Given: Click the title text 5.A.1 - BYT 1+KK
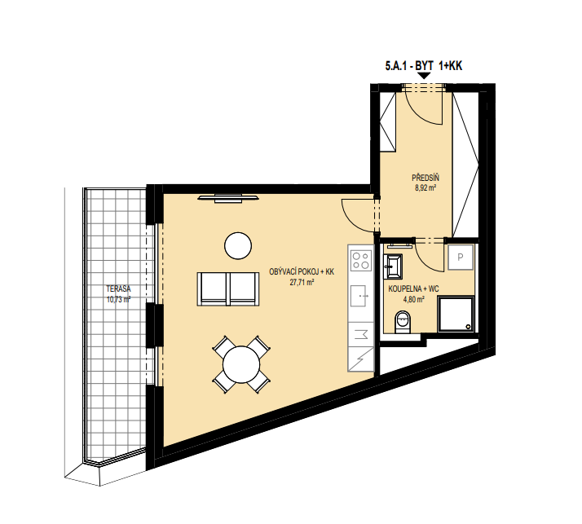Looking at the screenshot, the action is (x=424, y=66).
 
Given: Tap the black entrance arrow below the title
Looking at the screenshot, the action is (x=424, y=76).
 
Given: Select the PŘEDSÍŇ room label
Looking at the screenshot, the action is (x=425, y=178).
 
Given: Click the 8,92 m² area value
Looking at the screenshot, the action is (x=425, y=187).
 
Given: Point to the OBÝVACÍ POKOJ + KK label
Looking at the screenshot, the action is (x=302, y=272).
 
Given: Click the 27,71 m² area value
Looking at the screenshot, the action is (x=302, y=283).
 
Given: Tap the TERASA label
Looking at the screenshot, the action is (x=118, y=288).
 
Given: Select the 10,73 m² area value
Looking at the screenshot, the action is (x=118, y=299).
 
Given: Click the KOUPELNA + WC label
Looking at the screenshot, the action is (x=413, y=289).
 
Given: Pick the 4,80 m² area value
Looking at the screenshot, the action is (x=414, y=299).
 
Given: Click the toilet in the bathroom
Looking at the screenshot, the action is (x=402, y=322).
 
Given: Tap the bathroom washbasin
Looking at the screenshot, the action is (x=393, y=266).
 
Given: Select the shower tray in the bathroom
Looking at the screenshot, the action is (x=456, y=314).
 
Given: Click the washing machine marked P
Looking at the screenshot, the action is (x=461, y=257).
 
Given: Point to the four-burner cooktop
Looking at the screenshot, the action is (x=361, y=260).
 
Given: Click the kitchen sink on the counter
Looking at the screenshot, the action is (x=359, y=296).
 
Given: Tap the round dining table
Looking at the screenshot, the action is (x=241, y=364).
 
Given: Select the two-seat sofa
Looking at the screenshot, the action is (x=228, y=289).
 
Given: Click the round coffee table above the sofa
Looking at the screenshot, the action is (x=238, y=245).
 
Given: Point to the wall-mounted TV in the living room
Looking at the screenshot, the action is (x=228, y=199).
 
